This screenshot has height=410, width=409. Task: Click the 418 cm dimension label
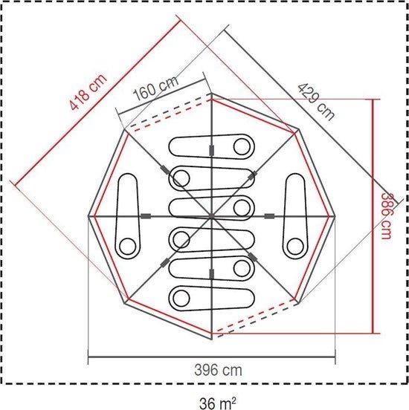[x=88, y=91]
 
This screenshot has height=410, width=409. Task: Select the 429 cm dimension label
[x=316, y=102]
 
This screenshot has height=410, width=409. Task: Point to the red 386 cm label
[x=385, y=215]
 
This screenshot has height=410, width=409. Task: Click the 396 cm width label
[x=218, y=370]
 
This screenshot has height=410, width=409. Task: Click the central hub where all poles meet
[x=212, y=216]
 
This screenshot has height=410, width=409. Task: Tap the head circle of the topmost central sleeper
[x=242, y=147]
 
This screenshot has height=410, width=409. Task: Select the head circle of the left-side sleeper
[x=127, y=247]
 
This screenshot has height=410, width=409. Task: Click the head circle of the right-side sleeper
[x=295, y=247]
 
